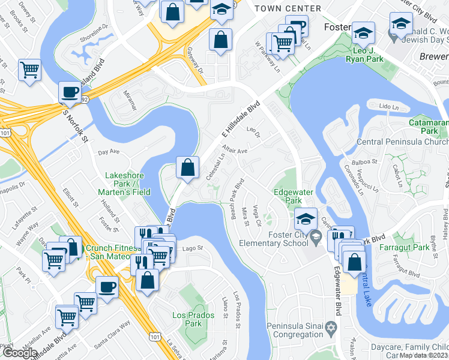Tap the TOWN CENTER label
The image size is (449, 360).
pyautogui.click(x=288, y=8)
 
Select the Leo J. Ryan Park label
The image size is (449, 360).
pyautogui.click(x=367, y=59)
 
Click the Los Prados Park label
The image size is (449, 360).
pyautogui.click(x=187, y=319)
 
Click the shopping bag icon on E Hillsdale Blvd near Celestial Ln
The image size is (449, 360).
pyautogui.click(x=188, y=167)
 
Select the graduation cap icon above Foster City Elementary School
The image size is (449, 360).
pyautogui.click(x=306, y=218)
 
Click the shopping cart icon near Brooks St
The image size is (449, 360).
pyautogui.click(x=29, y=70)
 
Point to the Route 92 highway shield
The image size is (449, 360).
pyautogui.click(x=86, y=100)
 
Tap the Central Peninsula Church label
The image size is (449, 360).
pyautogui.click(x=402, y=142)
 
